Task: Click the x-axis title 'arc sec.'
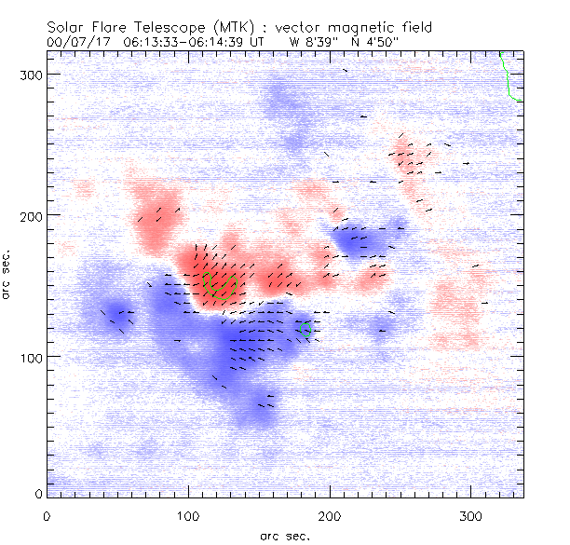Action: pos(284,536)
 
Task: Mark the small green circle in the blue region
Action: pos(304,330)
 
